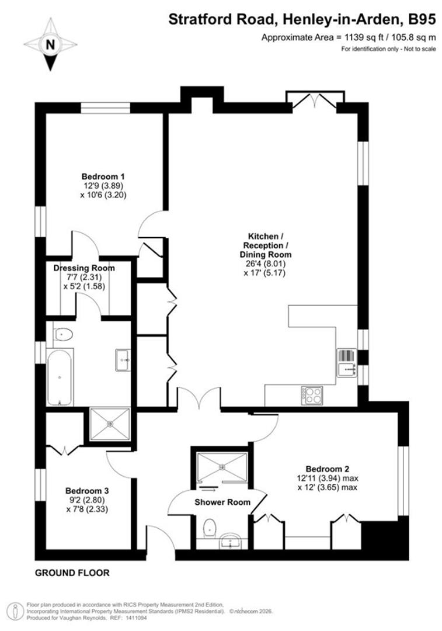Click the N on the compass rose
50,44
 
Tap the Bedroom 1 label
103,176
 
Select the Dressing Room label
84,268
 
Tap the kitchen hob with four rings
312,395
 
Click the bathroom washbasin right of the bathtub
124,360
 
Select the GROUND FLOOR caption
72,573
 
